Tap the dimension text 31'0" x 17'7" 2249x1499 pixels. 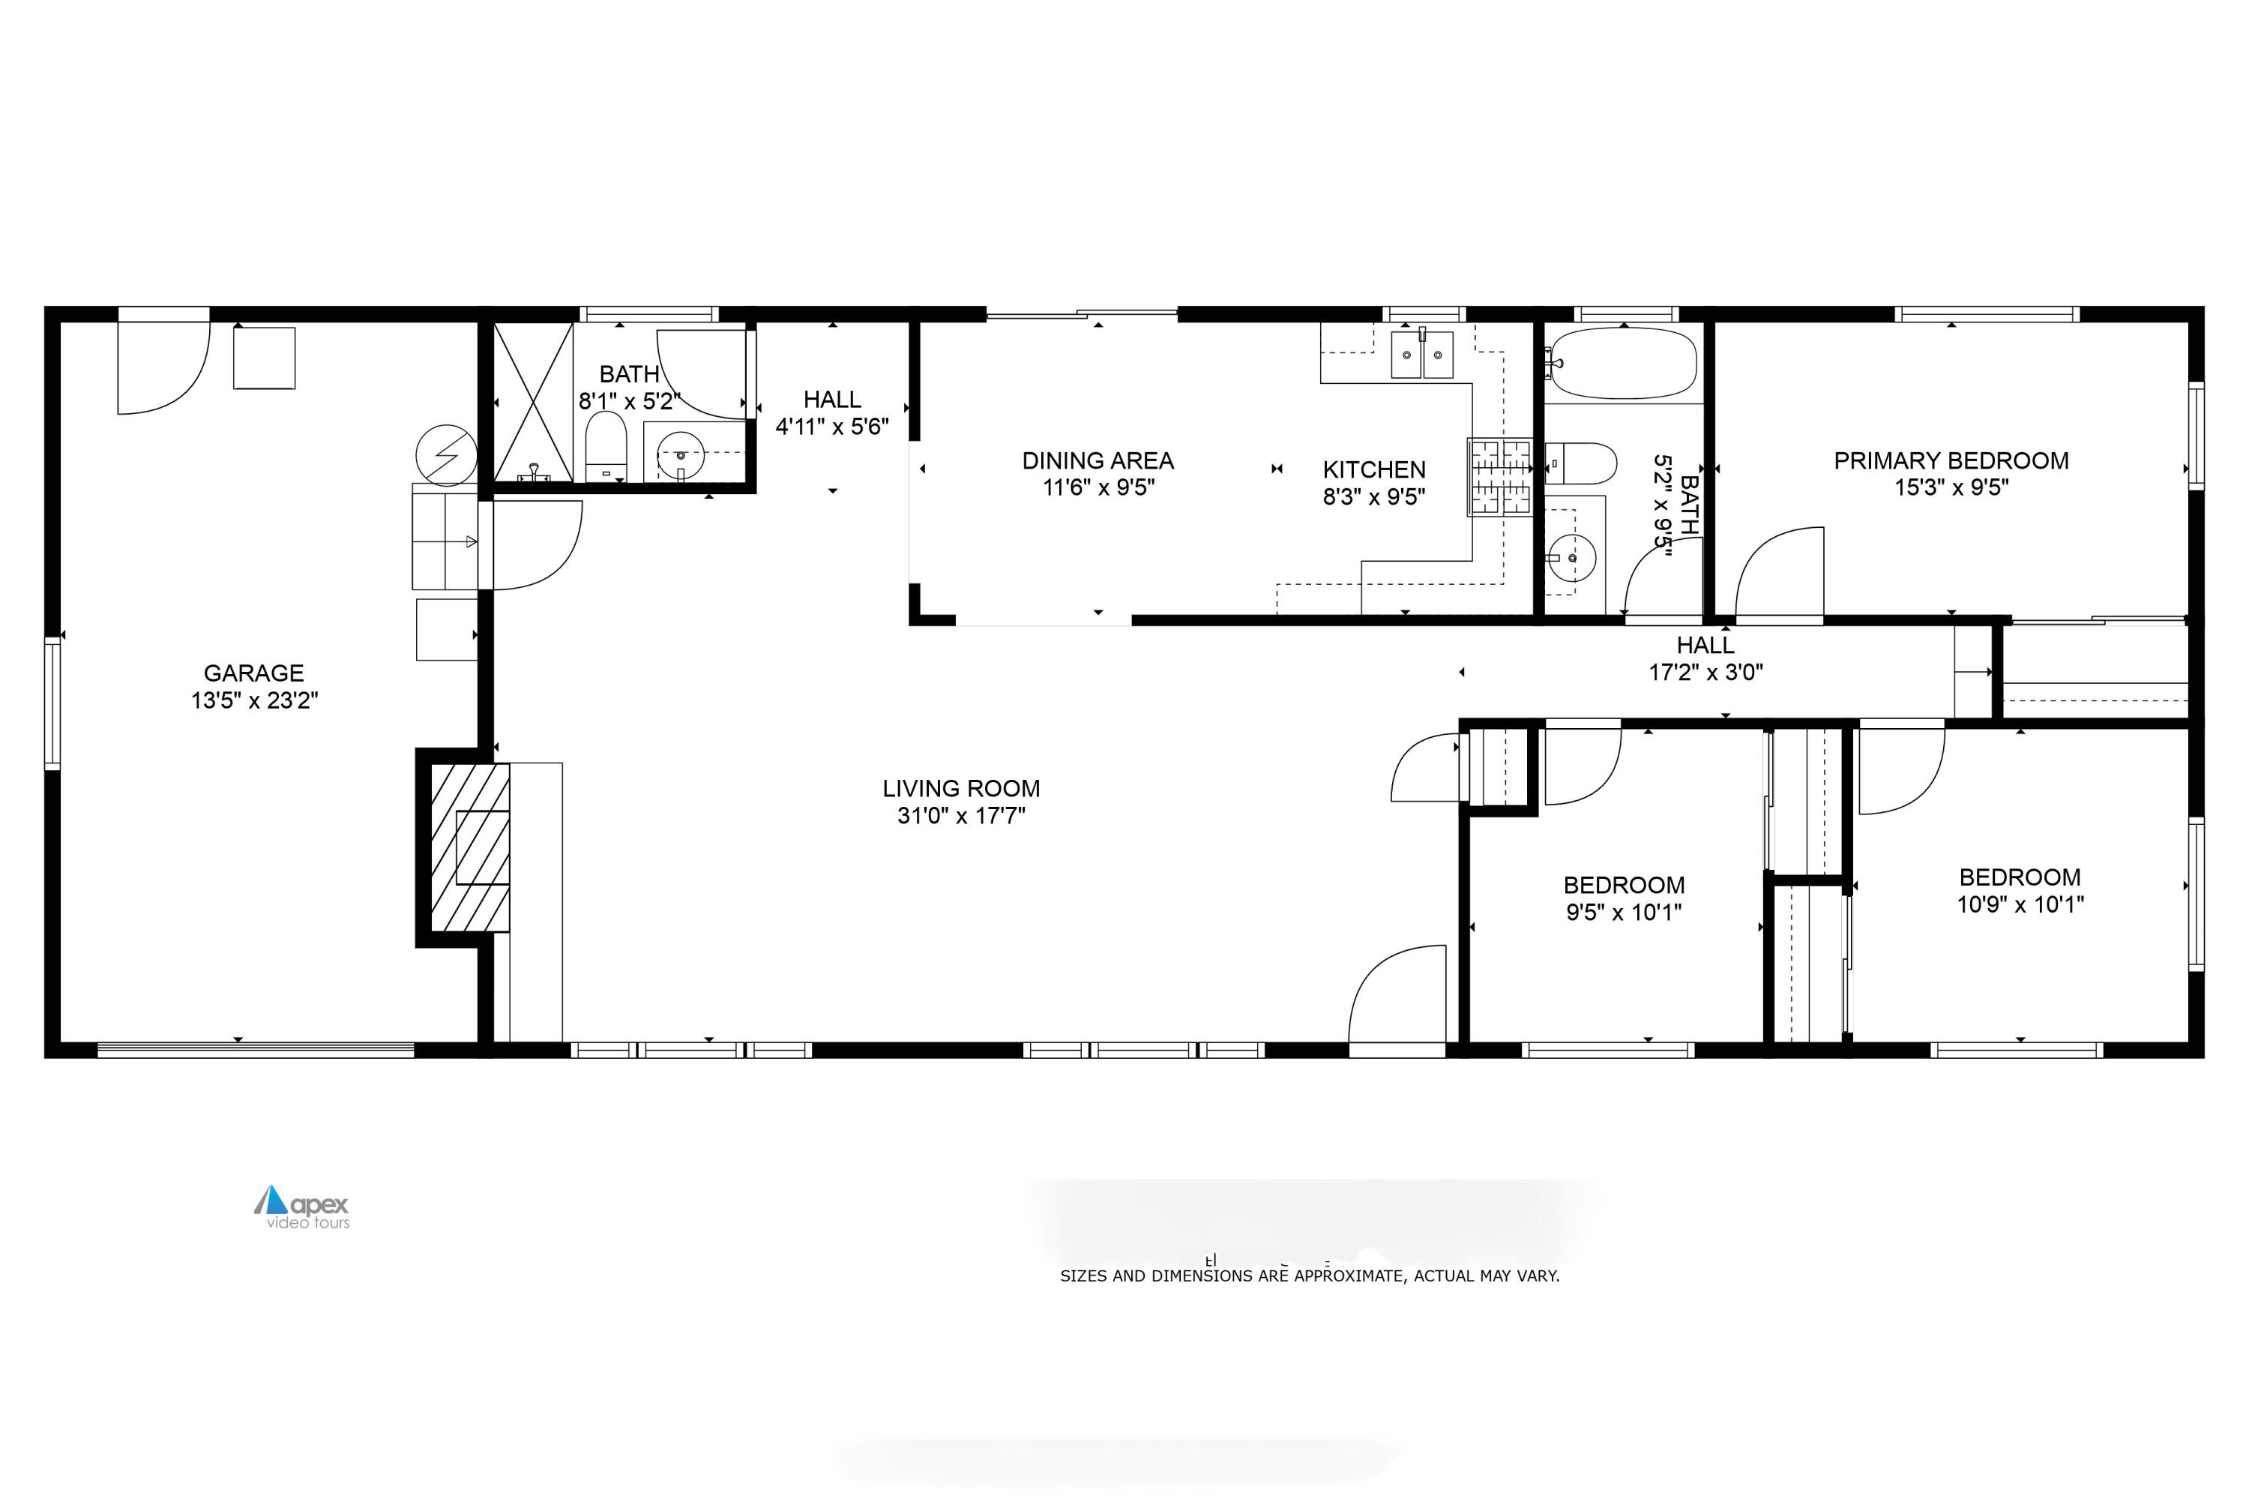pyautogui.click(x=960, y=815)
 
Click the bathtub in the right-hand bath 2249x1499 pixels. pyautogui.click(x=1622, y=363)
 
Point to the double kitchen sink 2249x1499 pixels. pyautogui.click(x=1421, y=355)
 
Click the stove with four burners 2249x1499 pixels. pyautogui.click(x=1499, y=477)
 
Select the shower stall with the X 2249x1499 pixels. pyautogui.click(x=532, y=401)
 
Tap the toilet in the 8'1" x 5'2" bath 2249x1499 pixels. pyautogui.click(x=605, y=446)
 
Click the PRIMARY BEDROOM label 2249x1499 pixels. pyautogui.click(x=1950, y=460)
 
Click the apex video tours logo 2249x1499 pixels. pyautogui.click(x=302, y=1207)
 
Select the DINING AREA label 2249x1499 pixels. pyautogui.click(x=1098, y=460)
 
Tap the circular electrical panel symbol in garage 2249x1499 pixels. pyautogui.click(x=446, y=455)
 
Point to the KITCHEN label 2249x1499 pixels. pyautogui.click(x=1373, y=469)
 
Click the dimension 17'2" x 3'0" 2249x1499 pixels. pyautogui.click(x=1705, y=672)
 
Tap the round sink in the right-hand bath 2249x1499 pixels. pyautogui.click(x=1571, y=557)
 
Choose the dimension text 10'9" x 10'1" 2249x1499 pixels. pyautogui.click(x=2020, y=904)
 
